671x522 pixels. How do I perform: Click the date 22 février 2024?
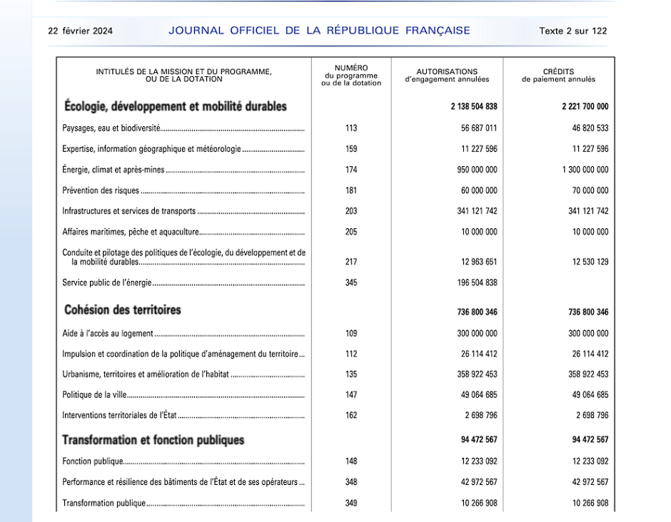80,31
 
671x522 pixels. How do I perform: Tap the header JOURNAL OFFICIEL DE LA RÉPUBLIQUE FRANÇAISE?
319,31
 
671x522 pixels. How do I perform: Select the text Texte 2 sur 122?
572,31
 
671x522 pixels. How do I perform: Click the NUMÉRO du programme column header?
351,76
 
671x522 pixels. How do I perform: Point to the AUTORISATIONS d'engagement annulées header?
447,76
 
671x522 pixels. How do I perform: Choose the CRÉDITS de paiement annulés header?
558,76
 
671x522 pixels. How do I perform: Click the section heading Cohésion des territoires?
123,310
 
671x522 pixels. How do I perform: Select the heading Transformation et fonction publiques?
153,440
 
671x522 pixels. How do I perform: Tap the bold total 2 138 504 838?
474,107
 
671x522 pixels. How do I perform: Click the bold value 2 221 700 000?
585,107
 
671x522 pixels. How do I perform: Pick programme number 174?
351,170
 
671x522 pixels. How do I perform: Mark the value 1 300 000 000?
585,170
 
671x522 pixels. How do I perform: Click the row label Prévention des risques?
101,190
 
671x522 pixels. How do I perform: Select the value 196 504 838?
477,282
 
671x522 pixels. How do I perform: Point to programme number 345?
351,282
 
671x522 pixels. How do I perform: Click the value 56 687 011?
479,128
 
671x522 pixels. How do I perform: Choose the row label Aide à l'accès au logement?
108,333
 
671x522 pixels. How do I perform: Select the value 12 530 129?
590,262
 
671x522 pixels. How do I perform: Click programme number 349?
351,503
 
